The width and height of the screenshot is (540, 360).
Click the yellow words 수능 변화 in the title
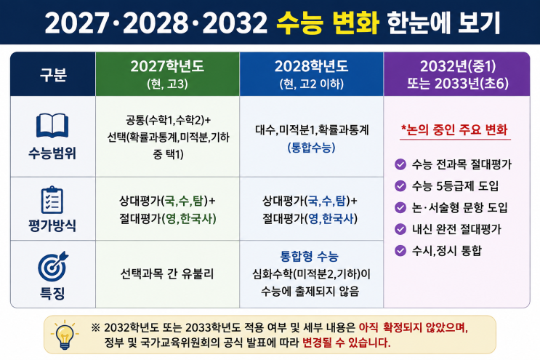[x=328, y=23]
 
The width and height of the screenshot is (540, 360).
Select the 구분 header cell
[x=53, y=74]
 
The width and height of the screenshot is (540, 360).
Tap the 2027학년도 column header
[x=167, y=74]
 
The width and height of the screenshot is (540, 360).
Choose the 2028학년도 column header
[x=311, y=74]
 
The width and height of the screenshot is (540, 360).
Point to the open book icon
[x=52, y=126]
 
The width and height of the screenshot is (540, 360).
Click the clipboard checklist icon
[x=52, y=200]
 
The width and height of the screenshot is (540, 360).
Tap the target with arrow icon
[x=53, y=266]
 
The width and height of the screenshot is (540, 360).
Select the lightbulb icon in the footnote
[x=65, y=335]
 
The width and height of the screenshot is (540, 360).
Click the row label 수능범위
[x=52, y=153]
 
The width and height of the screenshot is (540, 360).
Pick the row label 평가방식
[x=52, y=225]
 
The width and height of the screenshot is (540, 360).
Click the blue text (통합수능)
[x=311, y=148]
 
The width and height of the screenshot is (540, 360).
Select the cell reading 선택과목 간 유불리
[x=167, y=274]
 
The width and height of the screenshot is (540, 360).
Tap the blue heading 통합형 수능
[x=310, y=256]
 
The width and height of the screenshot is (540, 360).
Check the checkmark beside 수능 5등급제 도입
[x=400, y=186]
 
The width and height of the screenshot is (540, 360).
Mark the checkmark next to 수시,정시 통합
[x=400, y=250]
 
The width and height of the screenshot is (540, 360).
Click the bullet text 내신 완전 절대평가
[x=456, y=229]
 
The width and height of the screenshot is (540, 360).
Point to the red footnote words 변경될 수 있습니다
[x=347, y=343]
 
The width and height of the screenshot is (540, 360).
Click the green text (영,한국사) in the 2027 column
[x=189, y=218]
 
